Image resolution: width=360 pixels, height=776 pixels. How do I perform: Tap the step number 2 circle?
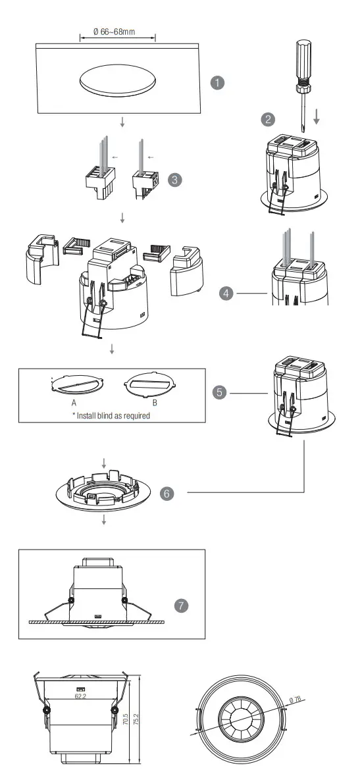[x=268, y=119]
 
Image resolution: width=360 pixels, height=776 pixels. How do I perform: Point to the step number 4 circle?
[x=228, y=294]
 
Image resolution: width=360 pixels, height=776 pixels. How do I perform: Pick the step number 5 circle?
[x=220, y=392]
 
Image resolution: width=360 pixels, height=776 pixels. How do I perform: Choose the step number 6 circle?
[x=168, y=493]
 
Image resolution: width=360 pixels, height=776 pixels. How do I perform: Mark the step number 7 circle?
[x=182, y=604]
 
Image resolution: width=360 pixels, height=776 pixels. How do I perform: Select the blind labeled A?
[x=77, y=384]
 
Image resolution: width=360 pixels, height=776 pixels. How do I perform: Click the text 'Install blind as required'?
[x=111, y=415]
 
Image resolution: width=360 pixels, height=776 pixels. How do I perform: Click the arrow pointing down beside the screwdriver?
[x=317, y=117]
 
